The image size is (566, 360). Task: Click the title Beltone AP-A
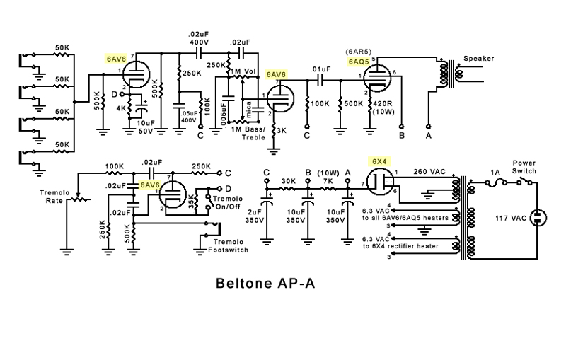265,284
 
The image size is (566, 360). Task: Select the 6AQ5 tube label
359,62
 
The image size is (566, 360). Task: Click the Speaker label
478,58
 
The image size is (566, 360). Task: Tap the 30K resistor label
288,180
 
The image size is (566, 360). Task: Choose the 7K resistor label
328,180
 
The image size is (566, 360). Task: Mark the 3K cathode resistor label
282,131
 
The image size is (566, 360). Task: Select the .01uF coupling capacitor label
320,69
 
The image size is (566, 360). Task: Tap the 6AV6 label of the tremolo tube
149,185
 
